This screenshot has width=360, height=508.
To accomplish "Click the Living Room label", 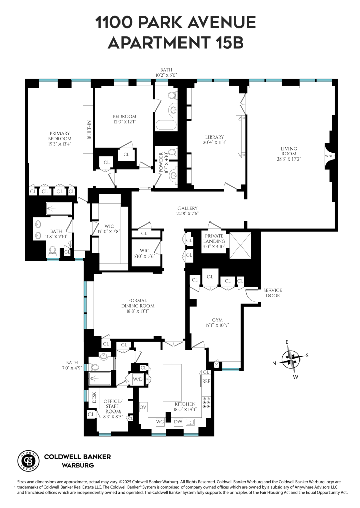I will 288,149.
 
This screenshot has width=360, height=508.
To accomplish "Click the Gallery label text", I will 188,209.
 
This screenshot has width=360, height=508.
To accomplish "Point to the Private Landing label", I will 215,239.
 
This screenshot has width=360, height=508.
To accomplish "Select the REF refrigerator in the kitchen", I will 206,380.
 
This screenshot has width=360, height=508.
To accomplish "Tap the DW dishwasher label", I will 178,422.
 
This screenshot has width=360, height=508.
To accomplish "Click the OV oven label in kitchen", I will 143,407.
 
